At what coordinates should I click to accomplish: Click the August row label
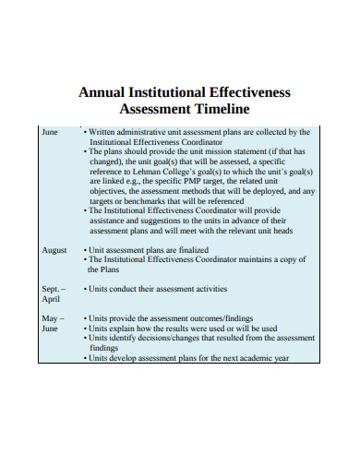pyautogui.click(x=54, y=250)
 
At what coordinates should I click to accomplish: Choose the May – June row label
pyautogui.click(x=52, y=323)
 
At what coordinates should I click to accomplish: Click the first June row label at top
pyautogui.click(x=50, y=132)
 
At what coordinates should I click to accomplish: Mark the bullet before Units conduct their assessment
pyautogui.click(x=85, y=289)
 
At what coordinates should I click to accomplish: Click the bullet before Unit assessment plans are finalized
pyautogui.click(x=85, y=250)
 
